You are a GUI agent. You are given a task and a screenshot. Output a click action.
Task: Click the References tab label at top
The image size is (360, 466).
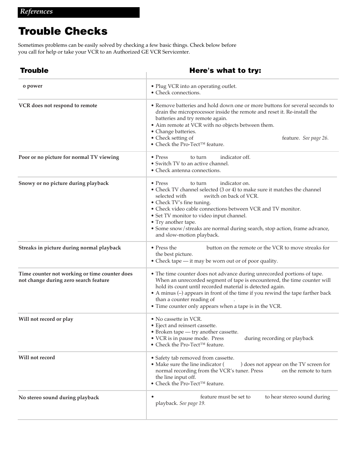click(37, 12)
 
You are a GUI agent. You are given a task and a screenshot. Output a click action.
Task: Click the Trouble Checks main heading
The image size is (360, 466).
click(63, 31)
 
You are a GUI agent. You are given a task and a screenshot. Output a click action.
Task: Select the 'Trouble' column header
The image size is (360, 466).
click(34, 71)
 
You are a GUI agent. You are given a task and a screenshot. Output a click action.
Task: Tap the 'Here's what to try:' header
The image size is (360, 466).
click(225, 71)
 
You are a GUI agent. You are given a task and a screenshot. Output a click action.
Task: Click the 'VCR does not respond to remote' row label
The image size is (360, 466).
click(58, 106)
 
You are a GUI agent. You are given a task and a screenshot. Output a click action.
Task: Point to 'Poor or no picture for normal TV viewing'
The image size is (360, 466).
click(69, 157)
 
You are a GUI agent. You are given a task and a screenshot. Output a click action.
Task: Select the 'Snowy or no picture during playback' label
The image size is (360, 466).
click(63, 183)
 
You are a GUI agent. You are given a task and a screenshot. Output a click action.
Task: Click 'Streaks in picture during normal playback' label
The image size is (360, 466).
click(70, 248)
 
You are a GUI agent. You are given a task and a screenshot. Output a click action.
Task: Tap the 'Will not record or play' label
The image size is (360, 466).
click(46, 319)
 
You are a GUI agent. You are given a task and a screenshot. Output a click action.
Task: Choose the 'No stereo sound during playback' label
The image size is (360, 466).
click(58, 398)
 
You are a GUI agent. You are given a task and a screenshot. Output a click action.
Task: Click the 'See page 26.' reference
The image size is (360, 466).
click(315, 138)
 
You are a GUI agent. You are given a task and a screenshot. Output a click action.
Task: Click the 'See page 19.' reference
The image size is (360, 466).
click(192, 403)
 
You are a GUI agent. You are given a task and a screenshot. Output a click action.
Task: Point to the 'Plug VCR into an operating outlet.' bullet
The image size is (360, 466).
click(196, 86)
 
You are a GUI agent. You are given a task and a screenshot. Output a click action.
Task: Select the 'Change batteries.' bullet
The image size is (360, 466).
click(175, 132)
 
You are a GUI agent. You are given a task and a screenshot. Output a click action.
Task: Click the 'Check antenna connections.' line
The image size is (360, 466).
click(188, 171)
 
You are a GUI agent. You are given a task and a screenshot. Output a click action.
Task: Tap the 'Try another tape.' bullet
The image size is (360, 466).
click(175, 222)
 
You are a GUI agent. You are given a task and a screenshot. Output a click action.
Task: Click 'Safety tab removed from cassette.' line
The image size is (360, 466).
click(195, 358)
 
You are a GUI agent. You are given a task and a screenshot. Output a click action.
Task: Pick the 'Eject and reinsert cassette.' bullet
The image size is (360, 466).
click(186, 326)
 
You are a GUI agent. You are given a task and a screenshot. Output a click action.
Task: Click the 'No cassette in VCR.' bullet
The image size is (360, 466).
click(178, 319)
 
